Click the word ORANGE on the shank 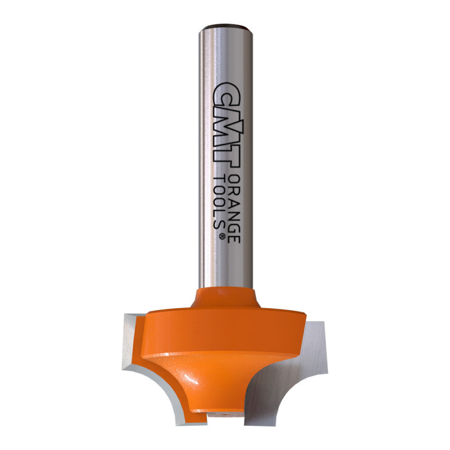coord(234,209)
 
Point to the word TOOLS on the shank coord(219,202)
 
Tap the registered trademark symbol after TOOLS coord(222,236)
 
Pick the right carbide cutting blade coord(290,373)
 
